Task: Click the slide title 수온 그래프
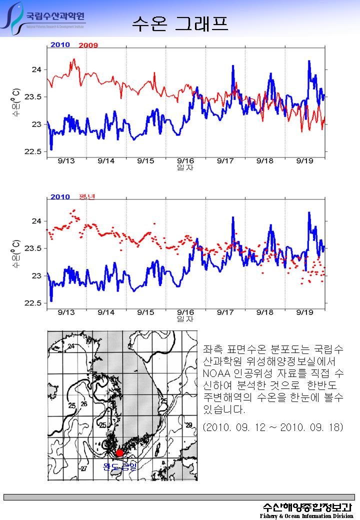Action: coord(180,22)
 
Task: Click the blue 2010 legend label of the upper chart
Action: coord(60,45)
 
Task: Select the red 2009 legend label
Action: coord(88,45)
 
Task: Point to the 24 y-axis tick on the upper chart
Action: coord(36,69)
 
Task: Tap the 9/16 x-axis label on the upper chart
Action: coord(185,160)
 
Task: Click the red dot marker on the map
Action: coord(119,453)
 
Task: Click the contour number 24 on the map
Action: coord(71,346)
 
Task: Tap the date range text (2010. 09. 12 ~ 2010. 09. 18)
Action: coord(272,428)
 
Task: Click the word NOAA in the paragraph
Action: coord(216,373)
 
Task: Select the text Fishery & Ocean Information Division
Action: coord(306,515)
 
